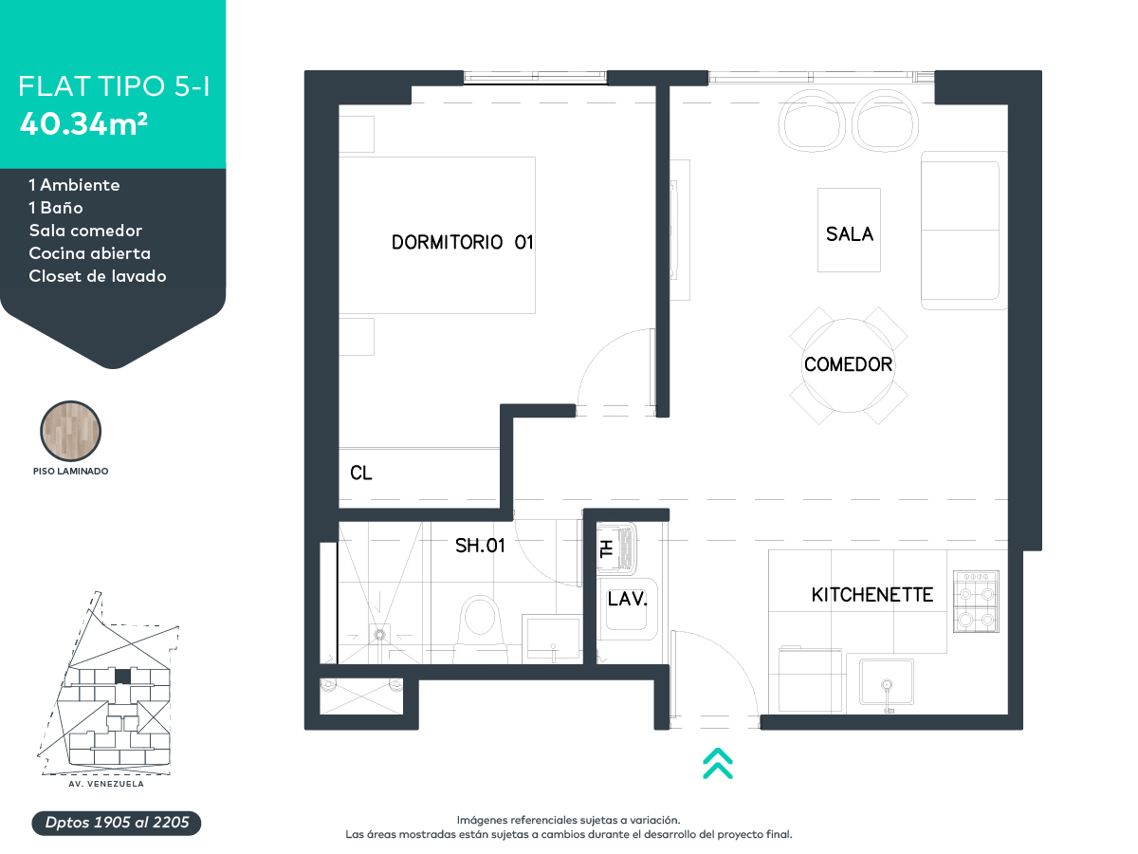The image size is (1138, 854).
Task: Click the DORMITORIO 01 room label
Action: (x=462, y=242)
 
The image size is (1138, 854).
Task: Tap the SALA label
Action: (x=849, y=234)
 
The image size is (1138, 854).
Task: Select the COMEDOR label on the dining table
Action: (x=848, y=364)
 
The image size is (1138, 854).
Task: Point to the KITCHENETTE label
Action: (x=872, y=595)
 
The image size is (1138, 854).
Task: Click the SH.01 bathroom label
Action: (x=480, y=546)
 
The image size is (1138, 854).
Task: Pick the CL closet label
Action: (x=361, y=473)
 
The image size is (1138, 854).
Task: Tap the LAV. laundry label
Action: (x=628, y=600)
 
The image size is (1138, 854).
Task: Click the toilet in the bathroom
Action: (x=480, y=628)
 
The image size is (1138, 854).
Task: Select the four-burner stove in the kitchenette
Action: (x=976, y=602)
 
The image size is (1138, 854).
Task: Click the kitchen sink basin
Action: (x=887, y=682)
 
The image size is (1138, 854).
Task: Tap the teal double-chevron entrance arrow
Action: (x=718, y=763)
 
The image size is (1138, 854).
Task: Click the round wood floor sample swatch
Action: (x=70, y=431)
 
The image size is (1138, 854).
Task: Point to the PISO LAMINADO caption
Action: (x=70, y=472)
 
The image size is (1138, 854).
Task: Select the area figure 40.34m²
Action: (x=84, y=123)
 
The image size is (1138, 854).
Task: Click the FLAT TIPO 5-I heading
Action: (x=114, y=86)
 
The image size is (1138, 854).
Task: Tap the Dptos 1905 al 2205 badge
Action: (x=117, y=823)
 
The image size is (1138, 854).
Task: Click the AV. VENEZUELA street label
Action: (x=106, y=784)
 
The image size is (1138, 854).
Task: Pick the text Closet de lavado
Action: (x=98, y=276)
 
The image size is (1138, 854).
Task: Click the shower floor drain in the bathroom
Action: (x=380, y=634)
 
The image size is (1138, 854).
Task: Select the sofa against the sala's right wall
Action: (x=964, y=231)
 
